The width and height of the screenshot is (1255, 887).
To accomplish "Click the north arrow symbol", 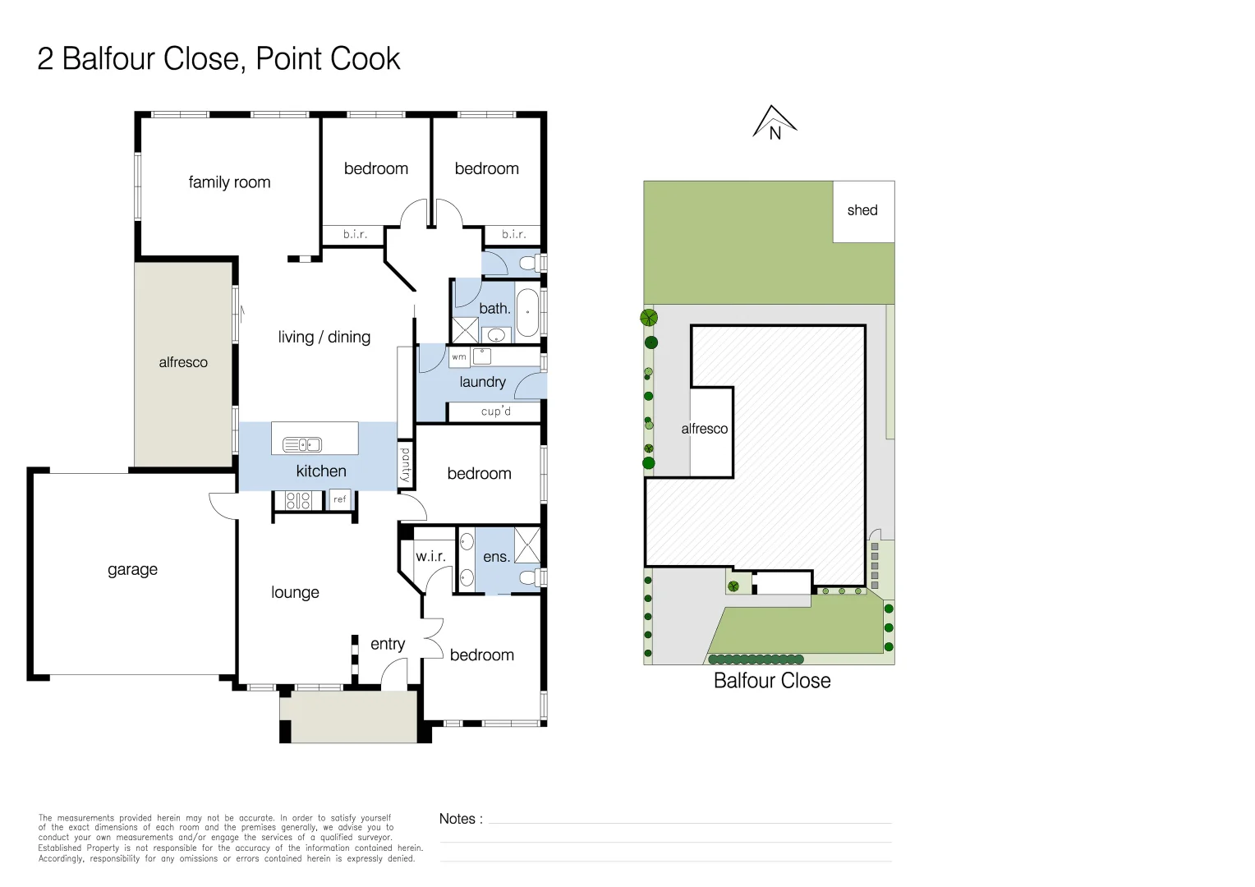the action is (x=775, y=122).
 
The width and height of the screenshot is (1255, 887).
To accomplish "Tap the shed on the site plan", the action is (x=863, y=211).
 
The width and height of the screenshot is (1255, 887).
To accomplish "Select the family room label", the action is (x=229, y=182).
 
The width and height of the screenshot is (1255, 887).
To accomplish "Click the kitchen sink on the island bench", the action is (x=302, y=445).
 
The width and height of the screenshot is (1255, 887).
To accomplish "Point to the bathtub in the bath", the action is (x=527, y=312).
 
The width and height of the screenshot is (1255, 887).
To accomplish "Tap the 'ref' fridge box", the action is (x=339, y=499).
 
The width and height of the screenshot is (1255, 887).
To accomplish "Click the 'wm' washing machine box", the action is (x=459, y=357).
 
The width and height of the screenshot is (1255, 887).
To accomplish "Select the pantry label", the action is (x=405, y=465).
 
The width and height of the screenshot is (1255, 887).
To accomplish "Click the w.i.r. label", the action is (x=430, y=556).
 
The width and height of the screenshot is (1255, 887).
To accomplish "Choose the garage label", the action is (x=132, y=570).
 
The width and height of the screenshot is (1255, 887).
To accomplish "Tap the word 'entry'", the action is (x=387, y=645).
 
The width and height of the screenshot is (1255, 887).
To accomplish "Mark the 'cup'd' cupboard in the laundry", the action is (x=495, y=411).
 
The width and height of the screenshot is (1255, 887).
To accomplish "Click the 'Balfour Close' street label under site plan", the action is (x=771, y=681).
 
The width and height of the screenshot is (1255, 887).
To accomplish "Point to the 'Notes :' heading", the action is (x=461, y=819).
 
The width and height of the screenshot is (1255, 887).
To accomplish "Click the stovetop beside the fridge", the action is (x=298, y=500).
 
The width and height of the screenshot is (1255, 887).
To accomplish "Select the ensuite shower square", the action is (x=527, y=545).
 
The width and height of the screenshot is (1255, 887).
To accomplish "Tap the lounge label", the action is (x=295, y=592).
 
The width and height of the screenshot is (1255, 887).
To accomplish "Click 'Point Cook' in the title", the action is (x=328, y=59).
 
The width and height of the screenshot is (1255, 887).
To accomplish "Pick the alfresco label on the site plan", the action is (x=704, y=429).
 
